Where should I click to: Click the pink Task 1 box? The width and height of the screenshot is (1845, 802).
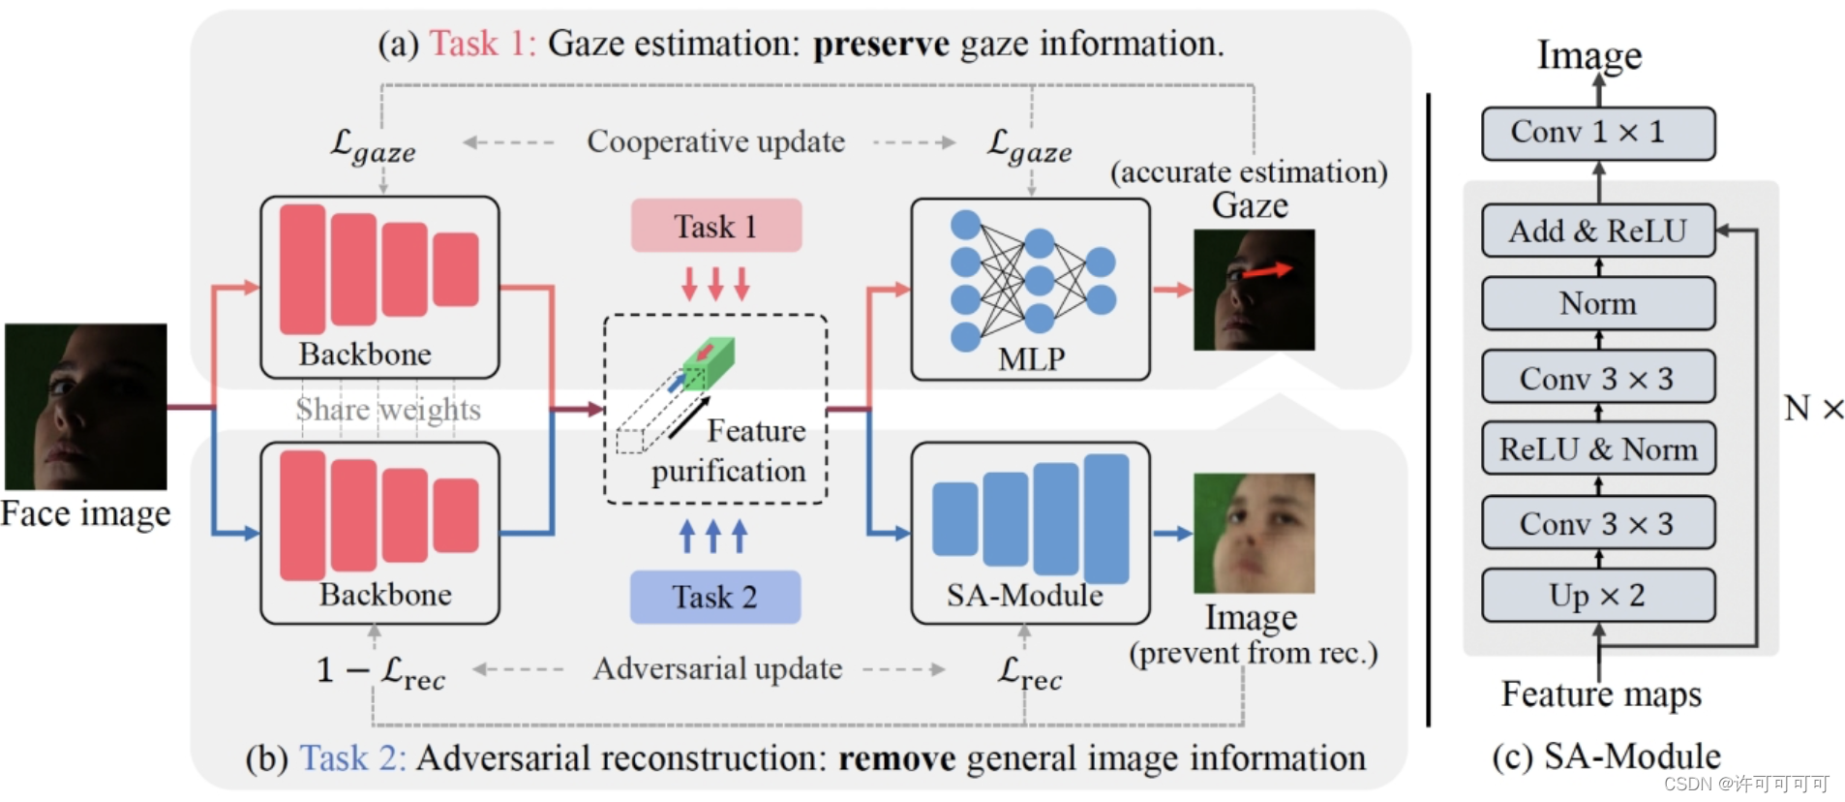pos(715,226)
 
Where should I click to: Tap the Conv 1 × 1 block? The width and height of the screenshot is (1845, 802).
pos(1597,133)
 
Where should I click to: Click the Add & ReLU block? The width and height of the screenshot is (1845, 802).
pos(1597,231)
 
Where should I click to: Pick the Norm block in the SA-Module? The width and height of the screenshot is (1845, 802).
pos(1597,303)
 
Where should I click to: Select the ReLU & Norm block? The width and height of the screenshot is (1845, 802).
pos(1597,448)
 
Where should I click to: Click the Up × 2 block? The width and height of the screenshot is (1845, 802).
pos(1597,595)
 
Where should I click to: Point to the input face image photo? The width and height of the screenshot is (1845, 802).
pos(85,406)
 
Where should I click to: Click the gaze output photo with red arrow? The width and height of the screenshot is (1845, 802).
pos(1254,290)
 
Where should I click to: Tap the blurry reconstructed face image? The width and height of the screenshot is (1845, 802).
pos(1254,533)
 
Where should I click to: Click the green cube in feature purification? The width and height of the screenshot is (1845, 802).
pos(709,361)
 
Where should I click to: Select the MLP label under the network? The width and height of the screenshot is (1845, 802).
pos(1031,359)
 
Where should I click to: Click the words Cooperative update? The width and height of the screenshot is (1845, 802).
pos(715,141)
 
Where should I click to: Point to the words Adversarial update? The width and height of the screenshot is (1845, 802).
pos(717,668)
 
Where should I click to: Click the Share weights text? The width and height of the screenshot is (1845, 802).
pos(388,410)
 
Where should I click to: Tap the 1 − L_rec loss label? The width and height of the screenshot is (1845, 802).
pos(381,670)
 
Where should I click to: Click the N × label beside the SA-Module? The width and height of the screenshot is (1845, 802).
pos(1813,408)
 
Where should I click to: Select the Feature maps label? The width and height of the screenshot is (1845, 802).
pos(1601,694)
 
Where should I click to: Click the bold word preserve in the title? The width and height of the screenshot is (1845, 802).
pos(881,45)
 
